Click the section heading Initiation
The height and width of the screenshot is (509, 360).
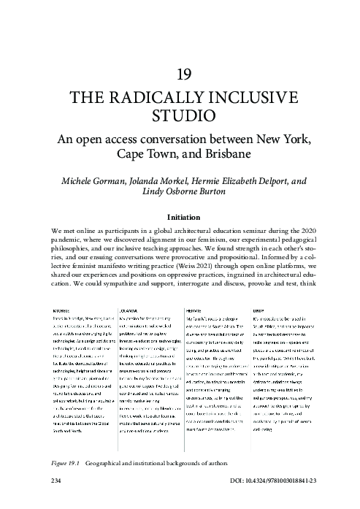point(180,217)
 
